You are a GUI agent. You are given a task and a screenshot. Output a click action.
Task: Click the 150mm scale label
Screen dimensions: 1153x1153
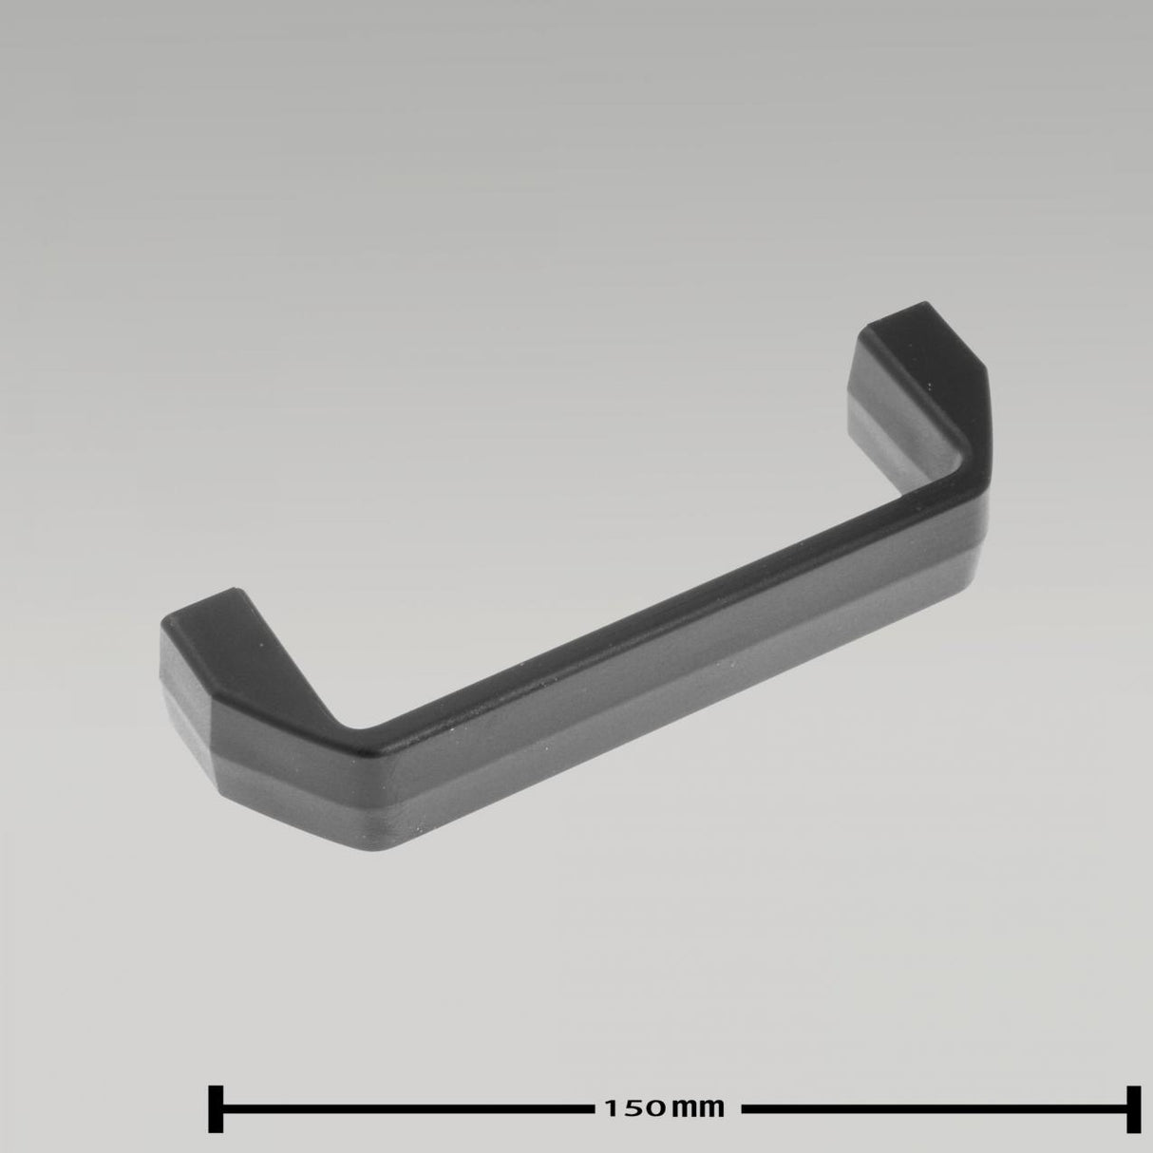pyautogui.click(x=664, y=1107)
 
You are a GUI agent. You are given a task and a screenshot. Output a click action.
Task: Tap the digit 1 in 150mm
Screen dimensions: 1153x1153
pyautogui.click(x=608, y=1107)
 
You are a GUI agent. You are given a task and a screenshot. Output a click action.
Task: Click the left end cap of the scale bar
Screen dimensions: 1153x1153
pyautogui.click(x=216, y=1107)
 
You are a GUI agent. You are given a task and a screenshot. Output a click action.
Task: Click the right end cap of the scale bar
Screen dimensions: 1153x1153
pyautogui.click(x=1132, y=1107)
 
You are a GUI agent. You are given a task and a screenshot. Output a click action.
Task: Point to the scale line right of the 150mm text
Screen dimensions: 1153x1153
pyautogui.click(x=936, y=1107)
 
